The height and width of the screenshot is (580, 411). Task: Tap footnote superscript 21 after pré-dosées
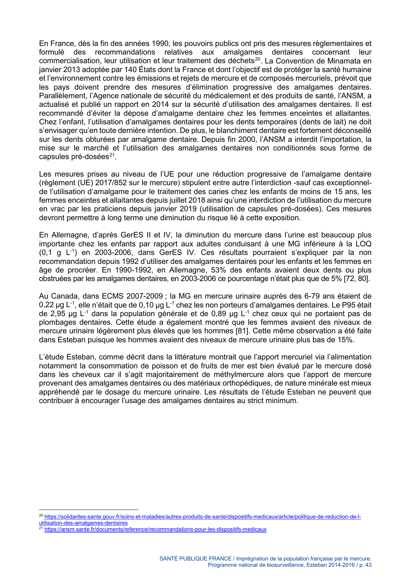pyautogui.click(x=112, y=155)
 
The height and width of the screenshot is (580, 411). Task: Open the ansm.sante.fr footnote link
pyautogui.click(x=155, y=529)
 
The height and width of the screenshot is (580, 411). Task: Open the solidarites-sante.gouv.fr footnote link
pyautogui.click(x=202, y=517)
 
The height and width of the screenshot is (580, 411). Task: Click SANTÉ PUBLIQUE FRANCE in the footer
pyautogui.click(x=195, y=559)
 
